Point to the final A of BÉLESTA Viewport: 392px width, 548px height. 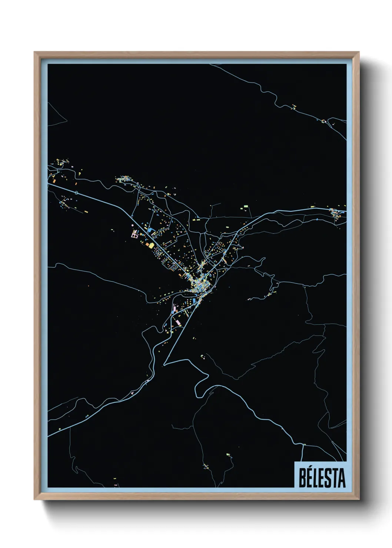tap(342, 478)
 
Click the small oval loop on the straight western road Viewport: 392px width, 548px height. tap(76, 193)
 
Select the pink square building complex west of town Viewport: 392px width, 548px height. tap(134, 234)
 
